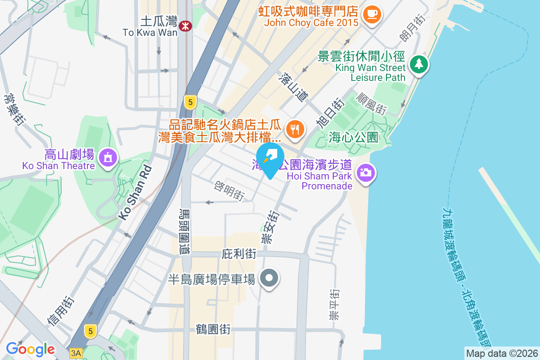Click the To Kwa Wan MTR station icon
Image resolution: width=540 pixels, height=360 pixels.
(x=185, y=26)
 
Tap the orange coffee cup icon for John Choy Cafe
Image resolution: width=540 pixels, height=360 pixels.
(x=372, y=13)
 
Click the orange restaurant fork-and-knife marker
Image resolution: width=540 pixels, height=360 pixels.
(x=295, y=130)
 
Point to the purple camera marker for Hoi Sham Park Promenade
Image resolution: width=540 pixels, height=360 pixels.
(x=365, y=172)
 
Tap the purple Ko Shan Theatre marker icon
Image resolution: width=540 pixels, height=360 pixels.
(x=108, y=158)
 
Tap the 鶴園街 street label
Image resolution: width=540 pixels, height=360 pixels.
(x=213, y=329)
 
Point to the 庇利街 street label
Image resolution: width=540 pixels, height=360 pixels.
(x=239, y=255)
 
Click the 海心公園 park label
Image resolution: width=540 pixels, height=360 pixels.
(x=353, y=137)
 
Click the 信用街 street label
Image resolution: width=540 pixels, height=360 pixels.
(x=60, y=310)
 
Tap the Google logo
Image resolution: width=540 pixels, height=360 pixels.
(x=31, y=349)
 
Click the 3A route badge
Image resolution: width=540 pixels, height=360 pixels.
(x=76, y=354)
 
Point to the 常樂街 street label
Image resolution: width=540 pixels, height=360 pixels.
(x=13, y=108)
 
